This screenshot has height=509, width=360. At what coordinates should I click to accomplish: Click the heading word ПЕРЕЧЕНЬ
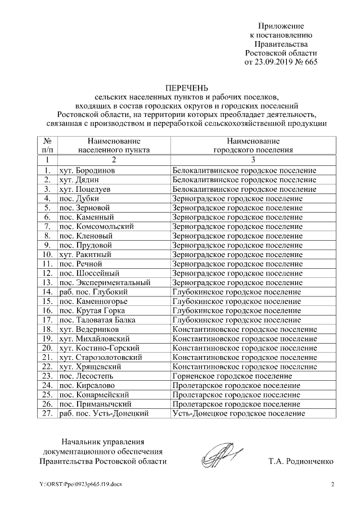point(186,88)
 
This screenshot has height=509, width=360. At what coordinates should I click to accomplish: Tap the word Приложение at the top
point(281,26)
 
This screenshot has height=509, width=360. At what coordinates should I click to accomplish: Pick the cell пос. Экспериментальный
point(105,282)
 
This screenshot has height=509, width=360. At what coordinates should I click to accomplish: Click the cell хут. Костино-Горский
point(99,348)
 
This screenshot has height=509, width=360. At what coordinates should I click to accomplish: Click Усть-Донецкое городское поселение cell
point(239,413)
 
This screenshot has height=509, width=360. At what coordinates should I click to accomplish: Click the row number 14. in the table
point(47,292)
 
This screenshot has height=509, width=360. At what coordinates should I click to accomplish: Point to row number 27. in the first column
point(47,413)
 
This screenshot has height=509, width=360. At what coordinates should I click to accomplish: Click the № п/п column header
point(47,146)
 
